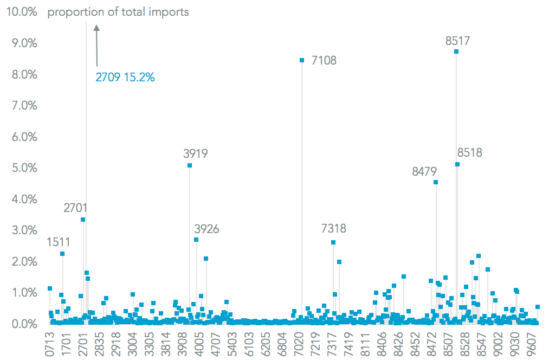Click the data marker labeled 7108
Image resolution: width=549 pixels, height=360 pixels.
click(x=302, y=60)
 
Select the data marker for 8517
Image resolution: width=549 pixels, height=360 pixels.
click(x=456, y=52)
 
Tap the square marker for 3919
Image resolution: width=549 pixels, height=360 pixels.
click(x=190, y=165)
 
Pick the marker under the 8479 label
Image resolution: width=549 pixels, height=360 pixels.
click(x=436, y=182)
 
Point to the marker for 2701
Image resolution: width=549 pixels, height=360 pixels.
click(x=83, y=220)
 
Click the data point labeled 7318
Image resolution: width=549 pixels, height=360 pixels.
click(x=333, y=242)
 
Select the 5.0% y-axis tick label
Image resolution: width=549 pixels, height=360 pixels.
click(x=23, y=168)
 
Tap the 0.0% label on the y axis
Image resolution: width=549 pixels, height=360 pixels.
click(x=23, y=324)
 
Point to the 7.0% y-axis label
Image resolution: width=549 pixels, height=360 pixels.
click(x=23, y=106)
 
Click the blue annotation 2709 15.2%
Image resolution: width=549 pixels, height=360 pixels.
click(x=125, y=78)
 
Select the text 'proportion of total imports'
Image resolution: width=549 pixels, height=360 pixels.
click(x=118, y=11)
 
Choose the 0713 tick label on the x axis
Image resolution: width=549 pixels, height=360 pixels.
click(x=50, y=343)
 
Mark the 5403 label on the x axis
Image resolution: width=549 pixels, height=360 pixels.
click(x=232, y=343)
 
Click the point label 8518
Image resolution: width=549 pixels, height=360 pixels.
click(x=469, y=153)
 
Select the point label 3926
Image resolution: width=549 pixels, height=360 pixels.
click(x=206, y=229)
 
